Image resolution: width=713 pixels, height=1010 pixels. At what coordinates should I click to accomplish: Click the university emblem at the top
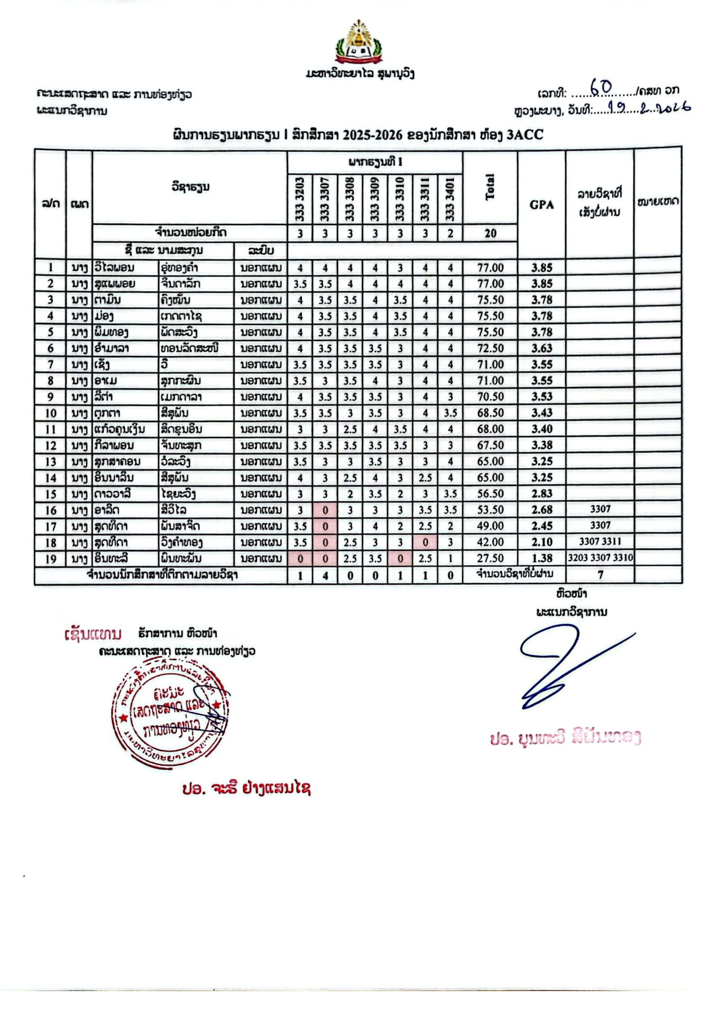tap(359, 43)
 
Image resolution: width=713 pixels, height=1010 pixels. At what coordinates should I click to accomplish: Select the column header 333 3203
tap(300, 200)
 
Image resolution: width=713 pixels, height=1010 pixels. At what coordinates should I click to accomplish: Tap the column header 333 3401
tap(450, 200)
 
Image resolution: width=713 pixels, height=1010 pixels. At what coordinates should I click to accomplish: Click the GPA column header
tap(541, 204)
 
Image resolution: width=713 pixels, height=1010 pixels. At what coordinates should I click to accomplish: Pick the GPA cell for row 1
tap(541, 267)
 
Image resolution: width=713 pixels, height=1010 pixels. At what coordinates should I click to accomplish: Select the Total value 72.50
tap(490, 348)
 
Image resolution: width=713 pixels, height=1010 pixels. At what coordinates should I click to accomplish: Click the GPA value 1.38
tap(541, 559)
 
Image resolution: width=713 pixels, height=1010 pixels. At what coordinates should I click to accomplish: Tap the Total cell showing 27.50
tap(490, 559)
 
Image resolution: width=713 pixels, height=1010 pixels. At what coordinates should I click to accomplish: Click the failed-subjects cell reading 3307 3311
tap(600, 542)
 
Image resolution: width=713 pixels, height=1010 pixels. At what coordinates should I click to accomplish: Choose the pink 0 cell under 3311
tap(425, 542)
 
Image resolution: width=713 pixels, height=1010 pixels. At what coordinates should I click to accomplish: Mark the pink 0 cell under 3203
tap(300, 559)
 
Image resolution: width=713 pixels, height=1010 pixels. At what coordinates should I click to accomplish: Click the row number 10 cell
tap(50, 413)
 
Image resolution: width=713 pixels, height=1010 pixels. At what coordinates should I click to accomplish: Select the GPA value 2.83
tap(541, 494)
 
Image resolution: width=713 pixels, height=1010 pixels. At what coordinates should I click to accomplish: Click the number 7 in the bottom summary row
tap(600, 575)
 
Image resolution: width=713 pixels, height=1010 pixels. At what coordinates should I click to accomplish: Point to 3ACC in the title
tap(525, 135)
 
